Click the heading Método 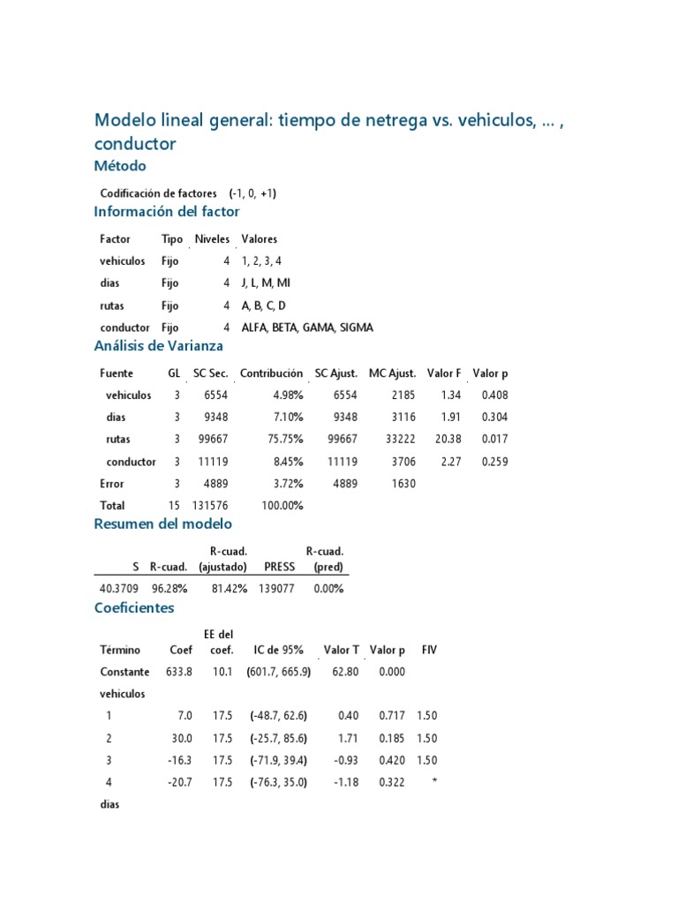pyautogui.click(x=120, y=166)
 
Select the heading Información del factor pyautogui.click(x=167, y=211)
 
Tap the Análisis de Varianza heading pyautogui.click(x=159, y=345)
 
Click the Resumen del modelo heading pyautogui.click(x=163, y=524)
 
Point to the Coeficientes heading pyautogui.click(x=134, y=608)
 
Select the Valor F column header pyautogui.click(x=444, y=373)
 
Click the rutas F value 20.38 pyautogui.click(x=448, y=439)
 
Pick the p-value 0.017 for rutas pyautogui.click(x=494, y=439)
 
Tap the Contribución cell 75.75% pyautogui.click(x=284, y=439)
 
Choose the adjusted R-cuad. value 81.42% pyautogui.click(x=229, y=589)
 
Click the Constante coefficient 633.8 pyautogui.click(x=179, y=672)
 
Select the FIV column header pyautogui.click(x=429, y=650)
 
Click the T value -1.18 pyautogui.click(x=346, y=782)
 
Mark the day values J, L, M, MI pyautogui.click(x=265, y=283)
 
